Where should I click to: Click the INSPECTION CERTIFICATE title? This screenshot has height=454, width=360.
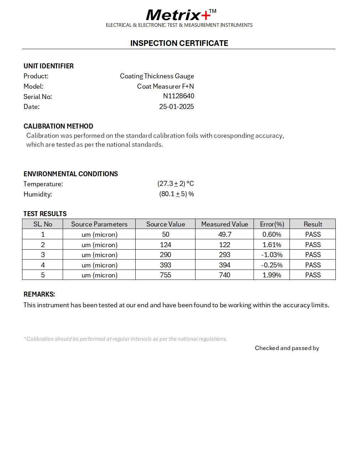(179, 43)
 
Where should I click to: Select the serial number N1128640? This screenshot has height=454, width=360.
(178, 96)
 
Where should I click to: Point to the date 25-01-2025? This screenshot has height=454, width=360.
(176, 106)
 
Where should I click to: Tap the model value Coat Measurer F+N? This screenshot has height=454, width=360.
(165, 86)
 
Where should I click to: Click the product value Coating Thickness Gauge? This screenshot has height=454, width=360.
(157, 76)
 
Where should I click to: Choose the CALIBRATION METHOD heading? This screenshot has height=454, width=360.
(58, 126)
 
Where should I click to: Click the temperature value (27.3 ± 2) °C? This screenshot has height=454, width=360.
(176, 184)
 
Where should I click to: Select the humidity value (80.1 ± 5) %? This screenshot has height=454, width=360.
(176, 194)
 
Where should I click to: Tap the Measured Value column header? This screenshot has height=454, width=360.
(224, 224)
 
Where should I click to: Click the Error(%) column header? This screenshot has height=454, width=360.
(272, 224)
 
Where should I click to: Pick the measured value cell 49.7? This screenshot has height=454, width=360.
(224, 234)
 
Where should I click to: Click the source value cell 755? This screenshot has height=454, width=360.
(165, 275)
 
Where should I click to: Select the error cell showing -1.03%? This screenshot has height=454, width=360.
(272, 255)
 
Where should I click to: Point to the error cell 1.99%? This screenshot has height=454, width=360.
(272, 275)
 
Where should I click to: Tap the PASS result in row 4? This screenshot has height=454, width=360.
(313, 265)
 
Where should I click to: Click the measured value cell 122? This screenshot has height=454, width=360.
(224, 245)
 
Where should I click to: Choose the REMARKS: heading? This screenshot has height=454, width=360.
(39, 294)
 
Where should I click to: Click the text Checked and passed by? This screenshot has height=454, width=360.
(287, 348)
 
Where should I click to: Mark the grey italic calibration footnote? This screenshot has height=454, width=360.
(125, 339)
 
